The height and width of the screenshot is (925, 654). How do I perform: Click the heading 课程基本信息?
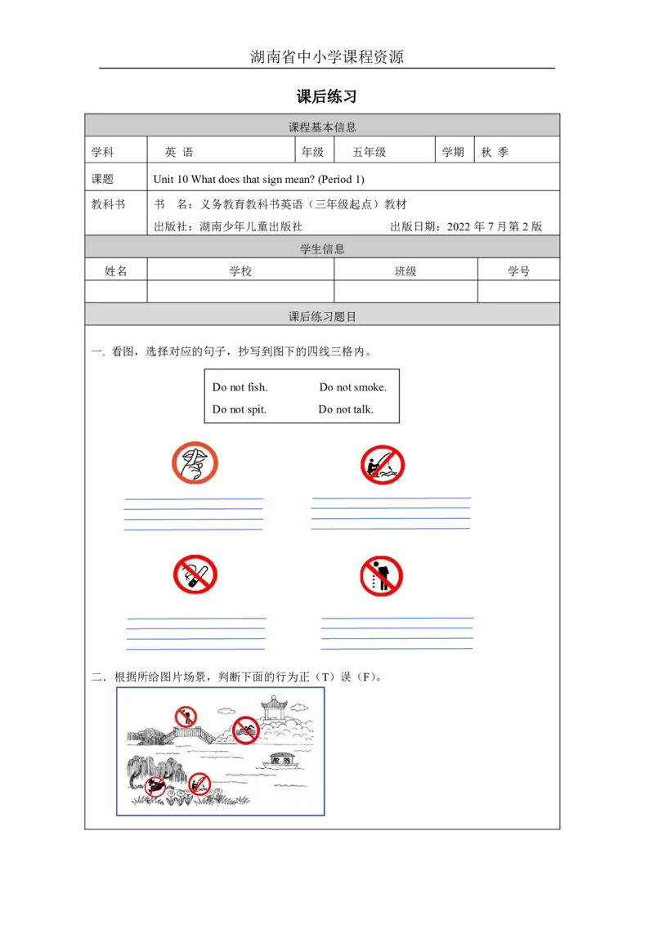[322, 127]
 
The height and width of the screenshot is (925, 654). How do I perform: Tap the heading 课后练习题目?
[322, 316]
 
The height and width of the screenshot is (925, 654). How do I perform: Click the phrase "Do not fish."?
[240, 387]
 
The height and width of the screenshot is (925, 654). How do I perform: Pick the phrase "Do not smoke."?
[352, 387]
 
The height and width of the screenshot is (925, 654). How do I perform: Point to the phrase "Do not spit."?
[239, 409]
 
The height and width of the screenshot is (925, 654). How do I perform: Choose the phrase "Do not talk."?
[346, 409]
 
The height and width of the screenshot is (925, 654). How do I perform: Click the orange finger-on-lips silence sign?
[195, 463]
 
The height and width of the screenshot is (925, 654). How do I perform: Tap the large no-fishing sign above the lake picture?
[383, 466]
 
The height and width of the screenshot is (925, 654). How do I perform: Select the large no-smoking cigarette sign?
[195, 574]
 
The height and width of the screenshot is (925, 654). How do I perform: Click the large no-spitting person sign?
[382, 577]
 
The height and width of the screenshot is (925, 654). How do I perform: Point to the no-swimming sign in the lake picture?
[245, 730]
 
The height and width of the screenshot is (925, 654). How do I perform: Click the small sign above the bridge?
[186, 717]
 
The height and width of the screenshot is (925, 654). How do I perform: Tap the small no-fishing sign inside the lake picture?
[199, 785]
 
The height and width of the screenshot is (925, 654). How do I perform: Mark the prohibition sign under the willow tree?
[155, 786]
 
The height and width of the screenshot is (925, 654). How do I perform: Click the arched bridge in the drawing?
[189, 735]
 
